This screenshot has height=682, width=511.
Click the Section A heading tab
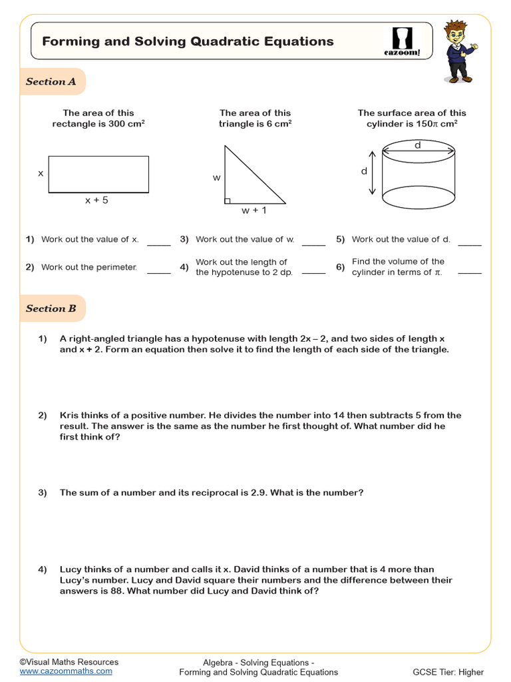51,82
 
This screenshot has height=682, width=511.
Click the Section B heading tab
51,308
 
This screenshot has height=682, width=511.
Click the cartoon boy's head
456,33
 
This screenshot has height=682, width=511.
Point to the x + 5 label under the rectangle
96,200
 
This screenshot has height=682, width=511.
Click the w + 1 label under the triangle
254,211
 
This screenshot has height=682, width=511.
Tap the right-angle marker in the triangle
228,200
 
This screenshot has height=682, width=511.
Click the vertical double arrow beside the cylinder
372,172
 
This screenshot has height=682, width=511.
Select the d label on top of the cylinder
418,145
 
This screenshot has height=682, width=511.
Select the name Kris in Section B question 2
70,415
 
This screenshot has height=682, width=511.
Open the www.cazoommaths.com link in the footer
66,671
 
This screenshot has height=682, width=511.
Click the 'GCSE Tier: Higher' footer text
448,672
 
